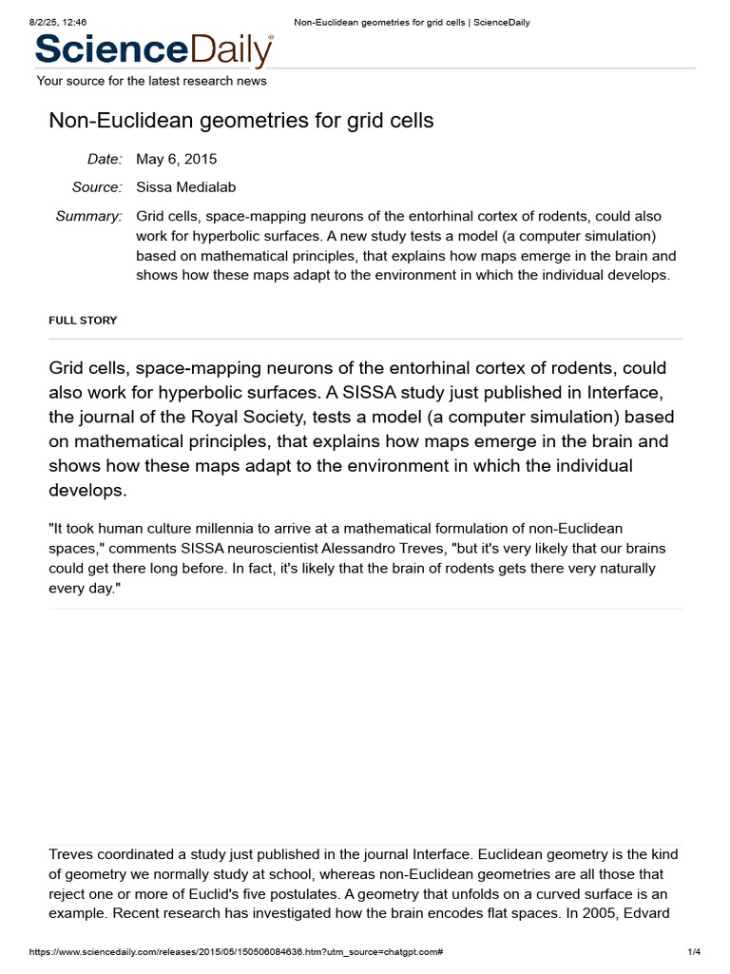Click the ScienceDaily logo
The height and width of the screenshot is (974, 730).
[x=154, y=49]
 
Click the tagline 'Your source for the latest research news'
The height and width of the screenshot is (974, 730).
[x=152, y=81]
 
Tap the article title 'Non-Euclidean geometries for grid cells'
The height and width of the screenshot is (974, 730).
[x=241, y=120]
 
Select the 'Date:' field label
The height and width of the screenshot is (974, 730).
[x=105, y=159]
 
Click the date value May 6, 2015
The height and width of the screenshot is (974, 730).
[x=177, y=159]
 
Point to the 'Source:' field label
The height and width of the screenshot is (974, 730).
[x=97, y=187]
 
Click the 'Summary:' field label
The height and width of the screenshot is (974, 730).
[x=89, y=216]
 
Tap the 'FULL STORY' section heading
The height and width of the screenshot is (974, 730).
[x=83, y=321]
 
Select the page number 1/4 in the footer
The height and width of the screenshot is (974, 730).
[x=693, y=952]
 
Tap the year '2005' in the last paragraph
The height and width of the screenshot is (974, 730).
[x=602, y=914]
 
